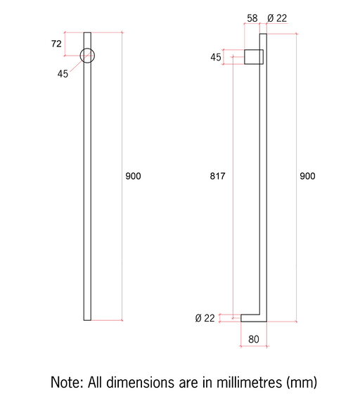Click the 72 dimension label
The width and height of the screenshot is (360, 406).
coord(56,44)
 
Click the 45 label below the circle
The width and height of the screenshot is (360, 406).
coord(63,74)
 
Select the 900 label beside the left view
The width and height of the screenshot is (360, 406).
coord(134,176)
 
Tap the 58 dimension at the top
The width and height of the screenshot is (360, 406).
coord(252,18)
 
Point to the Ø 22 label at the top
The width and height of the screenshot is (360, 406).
coord(277,18)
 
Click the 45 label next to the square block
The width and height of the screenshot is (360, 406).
coord(216,57)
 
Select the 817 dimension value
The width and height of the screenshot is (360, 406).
coord(218,176)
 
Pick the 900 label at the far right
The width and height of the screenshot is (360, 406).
coord(307,176)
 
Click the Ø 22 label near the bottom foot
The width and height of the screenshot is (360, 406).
coord(205,318)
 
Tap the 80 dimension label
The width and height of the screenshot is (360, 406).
coord(254,339)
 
